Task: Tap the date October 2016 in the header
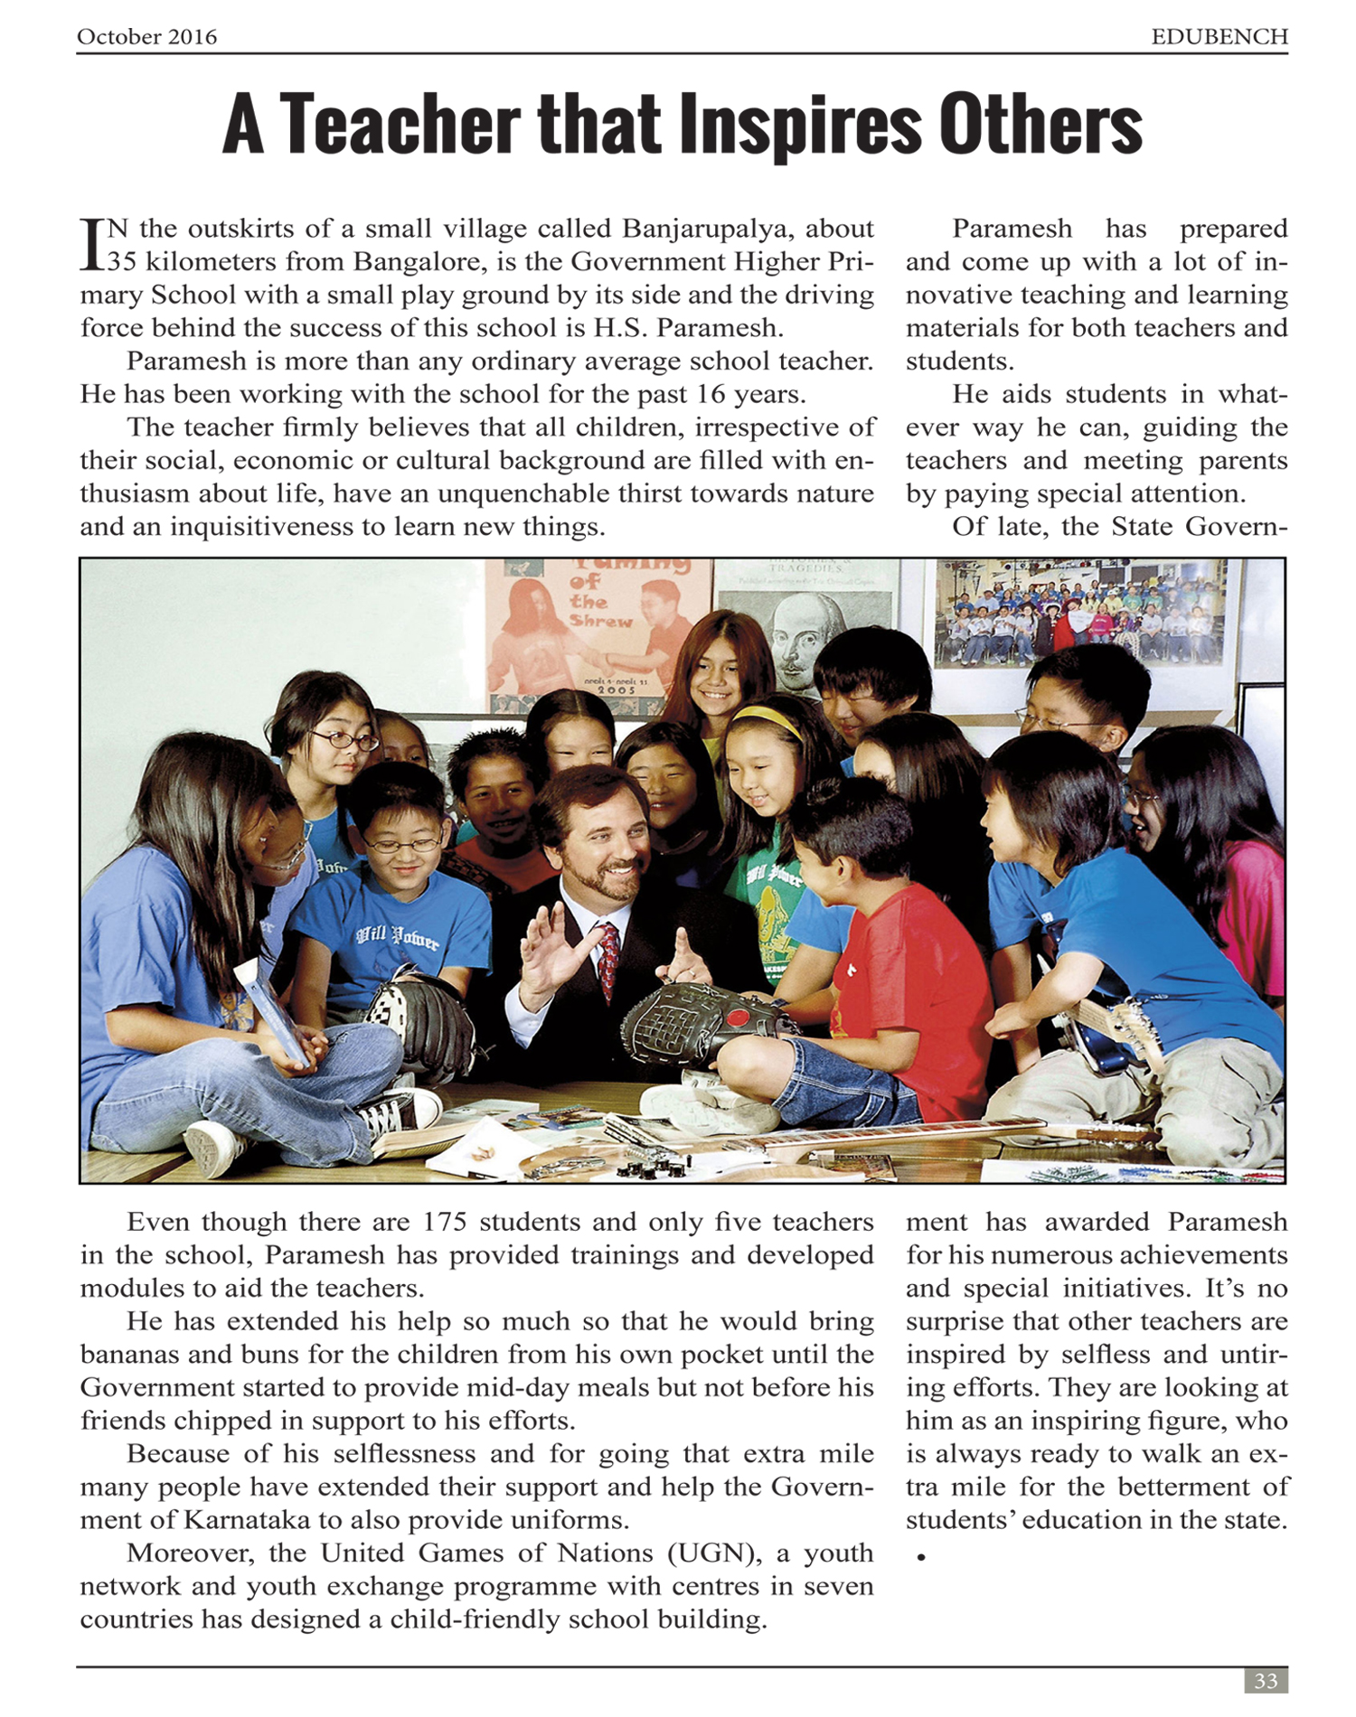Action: (146, 37)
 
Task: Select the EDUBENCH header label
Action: (1219, 37)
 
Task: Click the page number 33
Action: (1266, 1681)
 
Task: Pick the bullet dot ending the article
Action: (921, 1557)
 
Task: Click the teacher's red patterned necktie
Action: (607, 958)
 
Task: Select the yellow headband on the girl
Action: (767, 718)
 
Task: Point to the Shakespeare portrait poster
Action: (796, 633)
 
